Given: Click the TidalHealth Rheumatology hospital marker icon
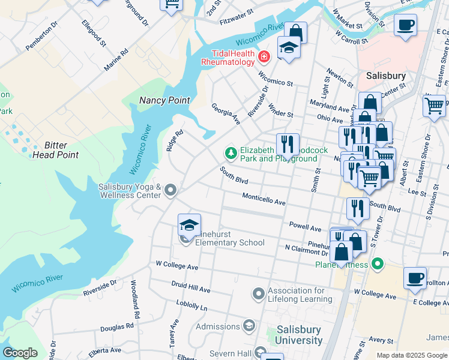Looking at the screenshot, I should pos(263,57).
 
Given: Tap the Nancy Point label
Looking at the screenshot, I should pos(164,101).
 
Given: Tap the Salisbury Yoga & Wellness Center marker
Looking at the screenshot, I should pos(170,191).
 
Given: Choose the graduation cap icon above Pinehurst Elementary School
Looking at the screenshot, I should pos(189,226).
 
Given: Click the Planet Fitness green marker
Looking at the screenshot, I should pos(377,263).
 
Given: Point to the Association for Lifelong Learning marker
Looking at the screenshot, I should pos(259,294).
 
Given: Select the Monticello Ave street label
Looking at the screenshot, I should pos(264,199).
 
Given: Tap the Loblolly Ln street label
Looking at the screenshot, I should pos(191,307).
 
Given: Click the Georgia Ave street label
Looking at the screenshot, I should pos(226,114).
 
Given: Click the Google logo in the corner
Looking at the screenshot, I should pos(20,353).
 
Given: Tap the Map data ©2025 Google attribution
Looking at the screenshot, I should pos(411,355).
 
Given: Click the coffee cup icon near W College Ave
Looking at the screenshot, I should pos(415,278).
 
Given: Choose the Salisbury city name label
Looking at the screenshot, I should pos(386,76).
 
